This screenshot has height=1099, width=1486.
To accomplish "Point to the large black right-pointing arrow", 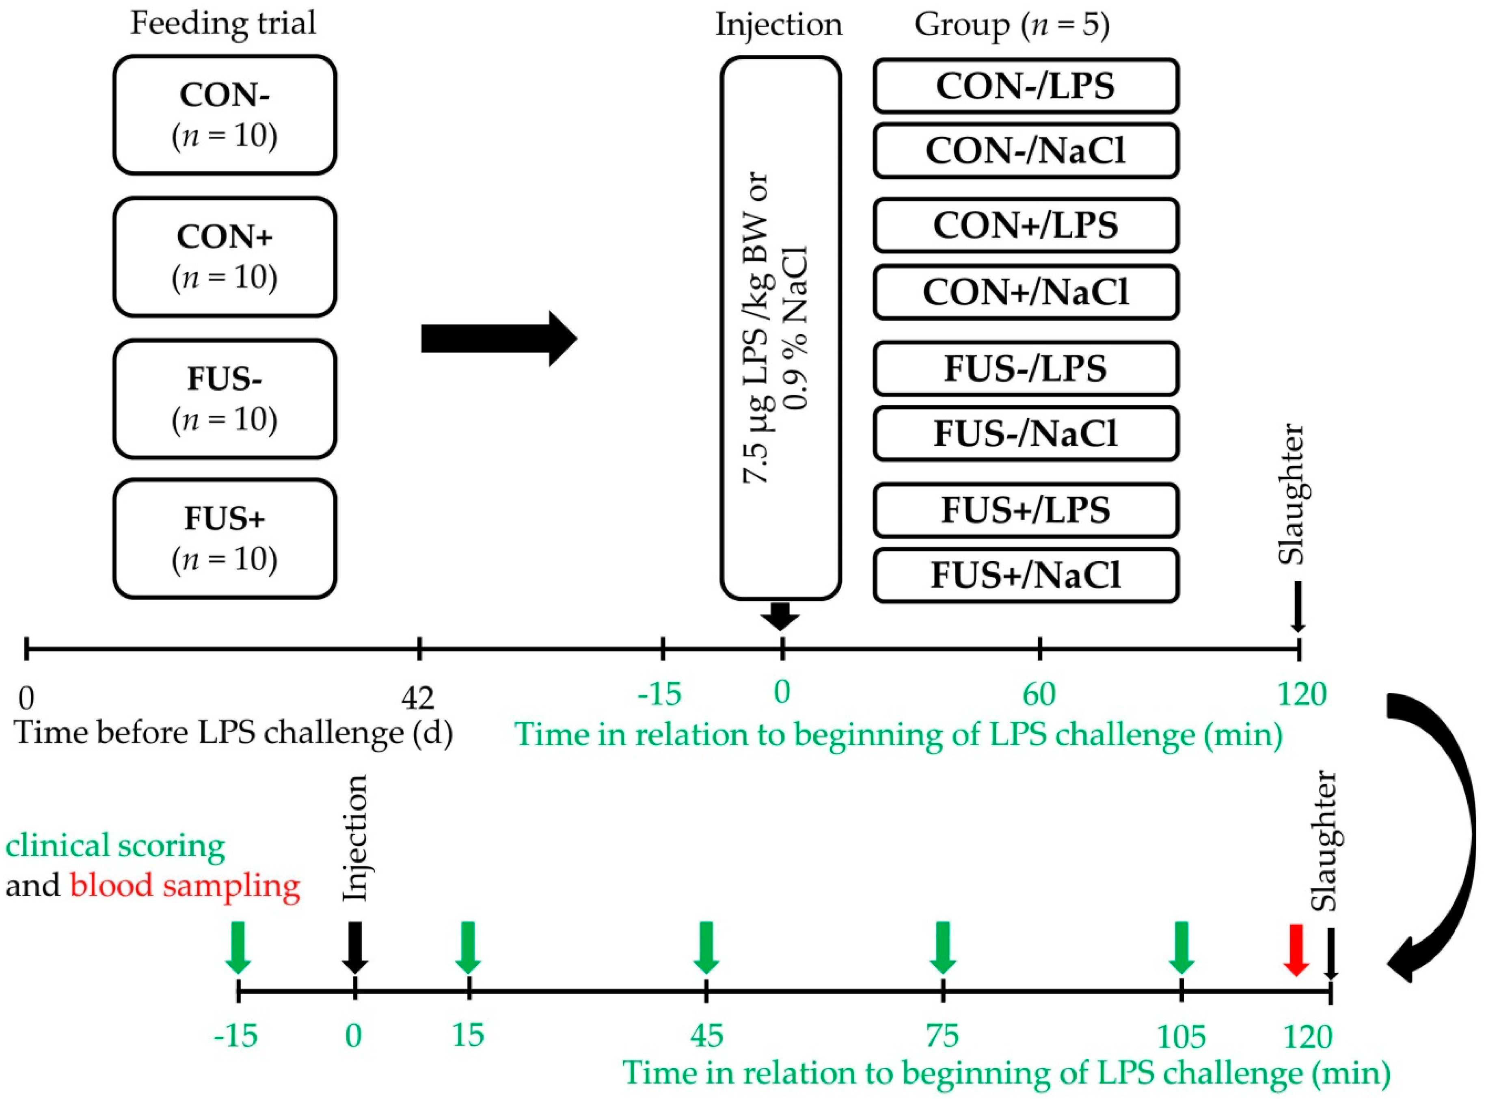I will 499,339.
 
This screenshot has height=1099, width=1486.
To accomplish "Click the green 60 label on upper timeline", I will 1039,694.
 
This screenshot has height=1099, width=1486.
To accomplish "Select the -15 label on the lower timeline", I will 236,1036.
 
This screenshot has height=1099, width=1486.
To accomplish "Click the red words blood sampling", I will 185,885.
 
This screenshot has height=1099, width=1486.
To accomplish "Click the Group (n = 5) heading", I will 1012,25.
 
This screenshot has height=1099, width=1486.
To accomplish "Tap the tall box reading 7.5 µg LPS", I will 781,328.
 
